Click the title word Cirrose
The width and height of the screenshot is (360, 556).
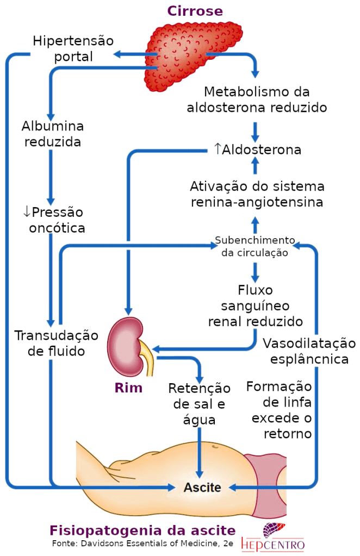click(195, 11)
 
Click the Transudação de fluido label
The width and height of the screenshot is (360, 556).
click(57, 343)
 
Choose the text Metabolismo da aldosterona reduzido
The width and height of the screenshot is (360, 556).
click(257, 99)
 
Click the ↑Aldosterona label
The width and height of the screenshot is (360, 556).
click(257, 149)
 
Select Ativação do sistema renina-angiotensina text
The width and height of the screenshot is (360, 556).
click(257, 194)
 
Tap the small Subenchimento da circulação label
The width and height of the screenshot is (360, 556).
click(255, 246)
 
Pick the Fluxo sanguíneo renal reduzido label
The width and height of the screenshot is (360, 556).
click(255, 305)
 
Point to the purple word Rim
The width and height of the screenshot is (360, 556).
click(128, 388)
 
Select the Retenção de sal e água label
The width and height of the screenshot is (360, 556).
click(199, 404)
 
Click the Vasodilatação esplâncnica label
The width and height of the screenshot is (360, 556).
click(309, 351)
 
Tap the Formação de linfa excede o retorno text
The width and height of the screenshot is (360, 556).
click(279, 410)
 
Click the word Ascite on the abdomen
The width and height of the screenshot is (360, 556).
click(202, 488)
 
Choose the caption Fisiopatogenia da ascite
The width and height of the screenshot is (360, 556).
click(142, 530)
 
